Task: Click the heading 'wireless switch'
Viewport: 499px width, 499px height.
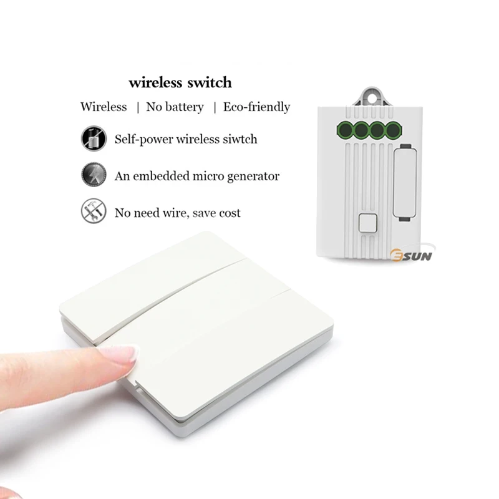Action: click(x=180, y=82)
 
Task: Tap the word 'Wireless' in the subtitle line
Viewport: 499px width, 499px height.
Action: click(x=104, y=107)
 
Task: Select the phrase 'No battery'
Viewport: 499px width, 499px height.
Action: click(x=175, y=107)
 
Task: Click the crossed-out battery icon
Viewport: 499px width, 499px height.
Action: click(x=92, y=138)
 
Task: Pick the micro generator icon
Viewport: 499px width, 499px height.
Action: click(x=92, y=175)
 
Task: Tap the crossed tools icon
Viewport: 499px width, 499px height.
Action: click(x=92, y=212)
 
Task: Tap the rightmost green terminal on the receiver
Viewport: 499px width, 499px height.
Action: click(x=392, y=130)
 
